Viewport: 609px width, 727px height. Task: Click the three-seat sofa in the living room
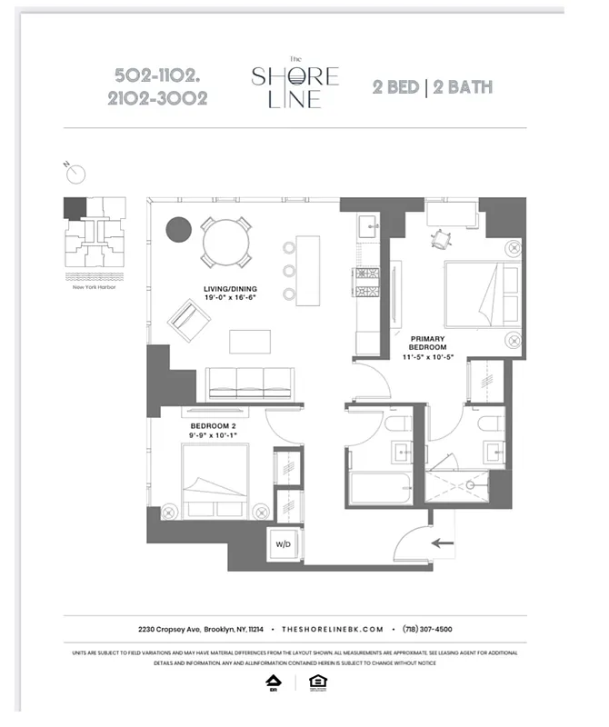click(x=248, y=383)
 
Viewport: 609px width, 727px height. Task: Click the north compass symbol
click(x=75, y=173)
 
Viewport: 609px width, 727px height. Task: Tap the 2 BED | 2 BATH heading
click(x=432, y=87)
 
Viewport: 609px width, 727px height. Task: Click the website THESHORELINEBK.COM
click(x=334, y=629)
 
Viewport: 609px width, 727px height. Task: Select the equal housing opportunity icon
click(x=317, y=682)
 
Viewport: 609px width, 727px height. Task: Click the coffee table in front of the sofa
click(x=249, y=341)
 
